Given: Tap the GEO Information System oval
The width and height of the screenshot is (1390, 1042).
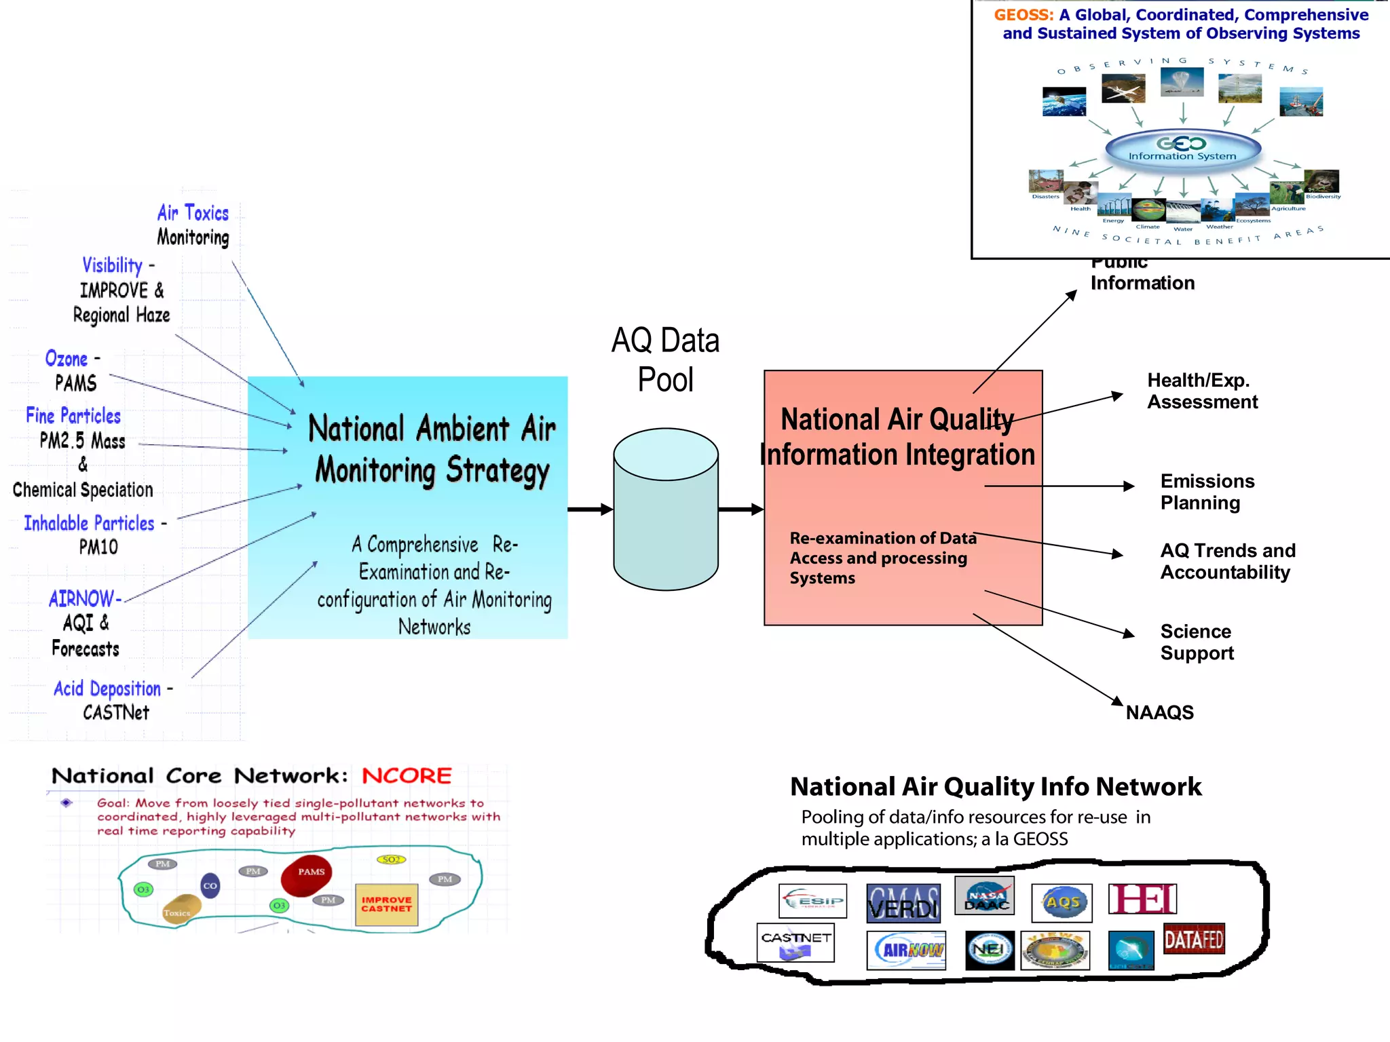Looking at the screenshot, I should pos(1183,149).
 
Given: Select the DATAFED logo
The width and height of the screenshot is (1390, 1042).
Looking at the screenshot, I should pos(1194,940).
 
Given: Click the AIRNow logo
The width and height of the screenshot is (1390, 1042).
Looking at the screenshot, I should pos(906,950).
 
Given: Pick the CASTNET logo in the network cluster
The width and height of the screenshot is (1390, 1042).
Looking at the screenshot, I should pos(795,942).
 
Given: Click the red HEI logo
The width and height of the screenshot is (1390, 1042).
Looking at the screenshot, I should pos(1143,900).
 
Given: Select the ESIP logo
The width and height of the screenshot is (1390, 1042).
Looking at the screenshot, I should pos(812,901).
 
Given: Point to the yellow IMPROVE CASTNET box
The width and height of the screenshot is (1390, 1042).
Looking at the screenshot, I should pos(386,905).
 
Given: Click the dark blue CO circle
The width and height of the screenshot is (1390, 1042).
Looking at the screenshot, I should pos(210,885).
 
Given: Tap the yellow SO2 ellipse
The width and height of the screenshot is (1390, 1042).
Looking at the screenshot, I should pos(391,860).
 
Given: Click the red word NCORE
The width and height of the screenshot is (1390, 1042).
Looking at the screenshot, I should pos(407,775).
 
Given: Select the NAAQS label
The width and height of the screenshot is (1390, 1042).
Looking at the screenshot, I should pos(1159,712).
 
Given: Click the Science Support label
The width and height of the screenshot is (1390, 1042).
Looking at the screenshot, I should pos(1197,642).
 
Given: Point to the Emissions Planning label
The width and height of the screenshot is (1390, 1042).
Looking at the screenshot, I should pos(1207,492).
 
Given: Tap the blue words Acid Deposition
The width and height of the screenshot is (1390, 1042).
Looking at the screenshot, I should pos(107,689).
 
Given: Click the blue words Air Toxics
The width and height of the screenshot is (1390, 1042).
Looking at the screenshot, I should pos(193,213).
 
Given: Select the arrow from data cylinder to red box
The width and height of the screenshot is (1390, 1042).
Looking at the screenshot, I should pos(740,509).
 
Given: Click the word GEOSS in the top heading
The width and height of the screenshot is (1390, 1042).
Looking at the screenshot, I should pos(1023,15).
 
